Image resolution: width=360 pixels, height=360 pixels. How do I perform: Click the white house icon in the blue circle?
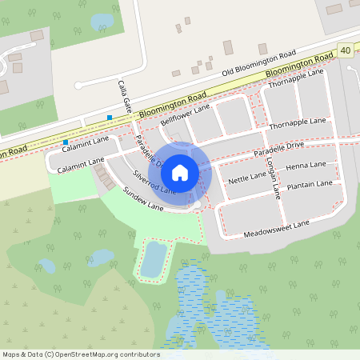point(180,172)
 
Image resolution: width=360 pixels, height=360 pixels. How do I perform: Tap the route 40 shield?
point(345,50)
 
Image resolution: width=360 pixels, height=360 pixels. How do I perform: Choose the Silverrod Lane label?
point(154,182)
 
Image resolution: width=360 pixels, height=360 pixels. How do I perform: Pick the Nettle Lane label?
point(247,176)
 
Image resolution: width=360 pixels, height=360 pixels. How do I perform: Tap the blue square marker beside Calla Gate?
point(110,118)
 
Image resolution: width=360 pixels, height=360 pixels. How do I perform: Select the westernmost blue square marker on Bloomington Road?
point(66,142)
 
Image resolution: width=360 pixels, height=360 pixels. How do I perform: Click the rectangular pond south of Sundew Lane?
point(153,258)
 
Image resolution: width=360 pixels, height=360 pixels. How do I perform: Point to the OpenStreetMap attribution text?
point(81,354)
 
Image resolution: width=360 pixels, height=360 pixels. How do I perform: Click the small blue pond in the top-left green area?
point(102,22)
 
